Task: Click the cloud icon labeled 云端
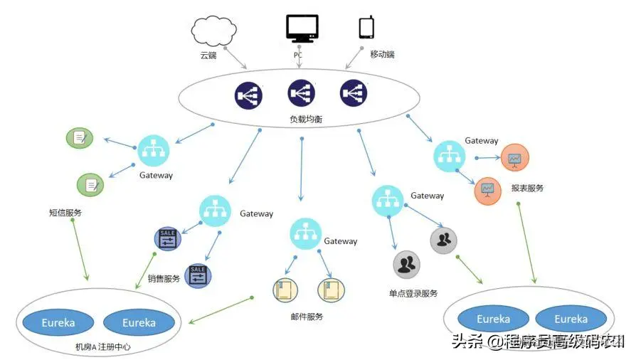(211, 30)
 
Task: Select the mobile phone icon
(366, 27)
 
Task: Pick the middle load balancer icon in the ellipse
(301, 93)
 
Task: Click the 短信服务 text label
(65, 213)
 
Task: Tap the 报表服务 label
(527, 189)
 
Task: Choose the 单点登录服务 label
(413, 293)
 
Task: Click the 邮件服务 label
(307, 317)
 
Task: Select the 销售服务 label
(164, 279)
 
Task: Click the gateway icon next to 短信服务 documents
(154, 150)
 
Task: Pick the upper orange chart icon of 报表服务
(514, 158)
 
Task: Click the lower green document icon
(90, 185)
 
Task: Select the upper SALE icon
(169, 239)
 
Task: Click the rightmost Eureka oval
(571, 319)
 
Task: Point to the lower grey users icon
(406, 265)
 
